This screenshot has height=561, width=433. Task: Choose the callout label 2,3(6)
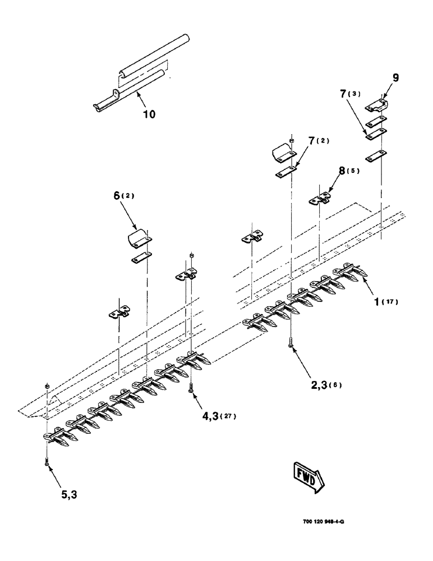pos(326,384)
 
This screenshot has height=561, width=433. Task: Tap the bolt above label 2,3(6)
pos(291,342)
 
